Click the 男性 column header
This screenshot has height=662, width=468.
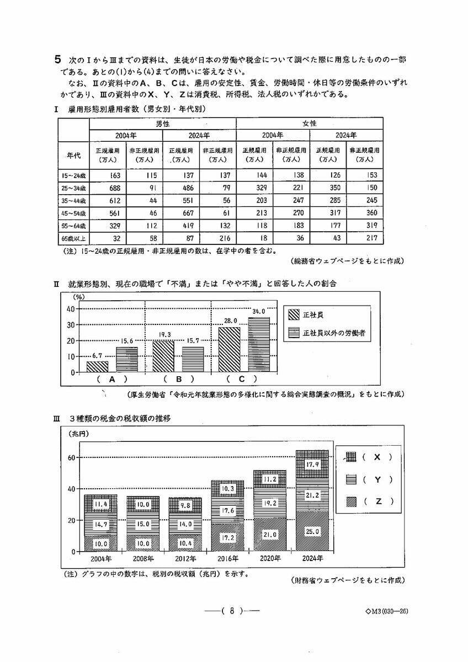163,124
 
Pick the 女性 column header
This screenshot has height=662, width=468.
310,124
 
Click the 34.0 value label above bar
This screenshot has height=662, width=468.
258,312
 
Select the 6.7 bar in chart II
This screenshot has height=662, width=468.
98,366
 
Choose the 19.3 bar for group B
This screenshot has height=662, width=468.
163,356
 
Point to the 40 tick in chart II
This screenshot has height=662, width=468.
71,309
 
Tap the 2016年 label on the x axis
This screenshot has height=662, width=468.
227,559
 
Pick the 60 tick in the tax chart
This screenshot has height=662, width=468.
71,457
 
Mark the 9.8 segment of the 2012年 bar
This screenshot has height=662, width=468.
185,505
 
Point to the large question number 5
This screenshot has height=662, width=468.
57,58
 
